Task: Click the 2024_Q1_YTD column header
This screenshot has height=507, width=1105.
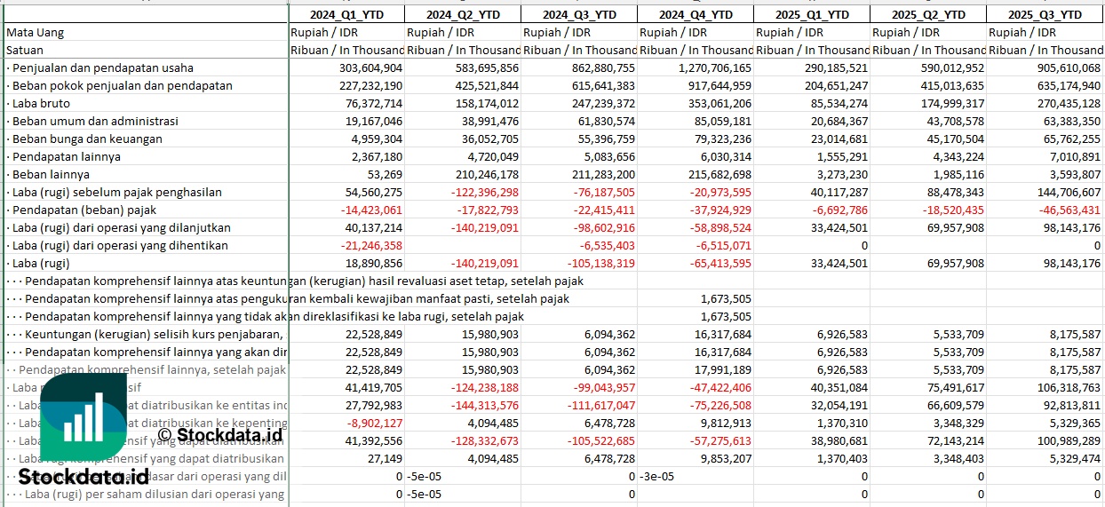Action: click(346, 14)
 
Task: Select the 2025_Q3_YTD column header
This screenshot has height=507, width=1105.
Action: click(1045, 14)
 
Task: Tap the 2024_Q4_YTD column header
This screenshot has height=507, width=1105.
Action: click(696, 14)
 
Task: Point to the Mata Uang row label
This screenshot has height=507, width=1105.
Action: click(35, 32)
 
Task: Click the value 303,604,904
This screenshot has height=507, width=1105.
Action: click(370, 67)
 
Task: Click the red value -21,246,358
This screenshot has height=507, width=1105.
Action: click(370, 245)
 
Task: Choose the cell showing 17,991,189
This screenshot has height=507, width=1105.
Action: click(719, 369)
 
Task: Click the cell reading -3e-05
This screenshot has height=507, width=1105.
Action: click(656, 476)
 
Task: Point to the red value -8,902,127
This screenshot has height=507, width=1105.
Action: click(374, 423)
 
